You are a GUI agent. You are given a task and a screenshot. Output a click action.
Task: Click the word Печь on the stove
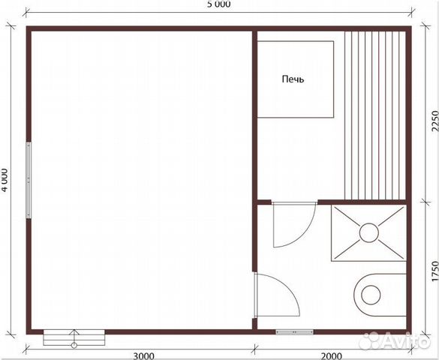point(293,79)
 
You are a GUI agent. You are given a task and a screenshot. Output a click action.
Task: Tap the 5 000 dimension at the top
point(219,4)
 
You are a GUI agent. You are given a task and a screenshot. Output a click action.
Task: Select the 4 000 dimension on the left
point(5,180)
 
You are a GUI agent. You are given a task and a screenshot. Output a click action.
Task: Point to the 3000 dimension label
point(143,355)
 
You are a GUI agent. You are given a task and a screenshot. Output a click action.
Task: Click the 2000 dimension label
point(331,355)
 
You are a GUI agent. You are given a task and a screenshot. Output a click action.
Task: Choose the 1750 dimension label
point(434,271)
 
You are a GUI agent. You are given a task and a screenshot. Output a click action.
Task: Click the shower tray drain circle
point(369,232)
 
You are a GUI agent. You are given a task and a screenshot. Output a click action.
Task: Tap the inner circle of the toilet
point(371,295)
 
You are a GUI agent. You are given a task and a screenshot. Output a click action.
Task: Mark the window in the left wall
point(29,180)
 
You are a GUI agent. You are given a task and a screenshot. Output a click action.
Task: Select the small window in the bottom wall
point(294,332)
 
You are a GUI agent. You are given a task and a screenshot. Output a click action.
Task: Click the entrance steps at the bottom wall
point(74,337)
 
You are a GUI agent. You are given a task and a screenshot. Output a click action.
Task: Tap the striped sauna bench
point(375,115)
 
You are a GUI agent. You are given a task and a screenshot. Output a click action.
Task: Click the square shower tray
point(368,233)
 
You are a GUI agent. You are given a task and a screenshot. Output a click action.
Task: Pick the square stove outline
point(296,79)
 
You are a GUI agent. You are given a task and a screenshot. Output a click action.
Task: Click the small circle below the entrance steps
point(74,346)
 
